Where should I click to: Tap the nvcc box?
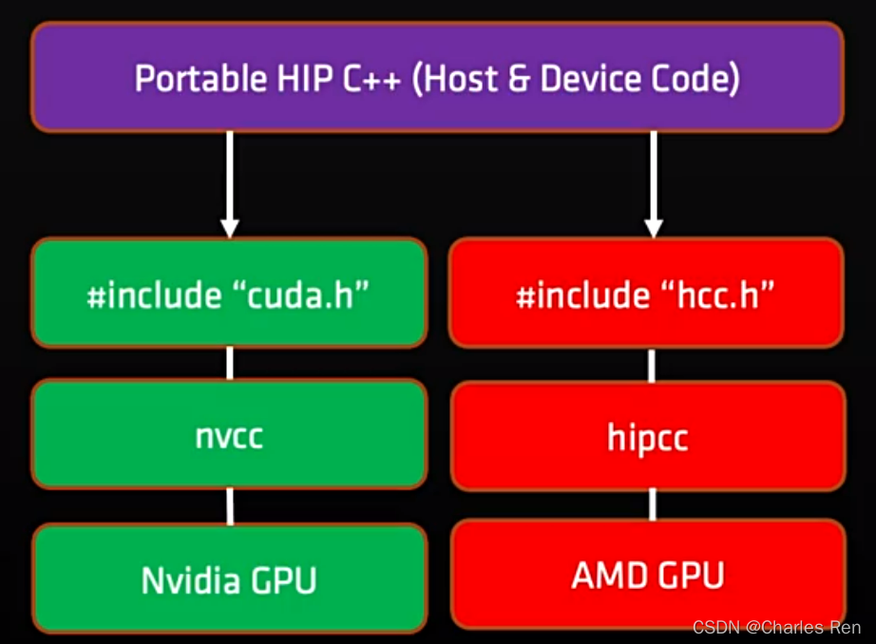[229, 436]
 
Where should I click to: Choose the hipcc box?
[646, 439]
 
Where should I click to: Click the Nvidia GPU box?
[229, 579]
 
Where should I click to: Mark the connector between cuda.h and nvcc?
[229, 363]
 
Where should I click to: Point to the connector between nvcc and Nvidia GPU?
[229, 506]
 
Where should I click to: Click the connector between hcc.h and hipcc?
[652, 364]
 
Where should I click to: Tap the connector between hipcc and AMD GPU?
[652, 504]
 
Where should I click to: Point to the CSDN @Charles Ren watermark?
[776, 628]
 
